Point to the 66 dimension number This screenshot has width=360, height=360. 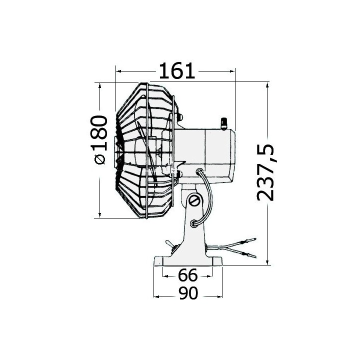187,274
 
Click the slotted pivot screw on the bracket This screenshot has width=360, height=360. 195,201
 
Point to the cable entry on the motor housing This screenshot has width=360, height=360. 200,172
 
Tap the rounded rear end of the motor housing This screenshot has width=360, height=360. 232,155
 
